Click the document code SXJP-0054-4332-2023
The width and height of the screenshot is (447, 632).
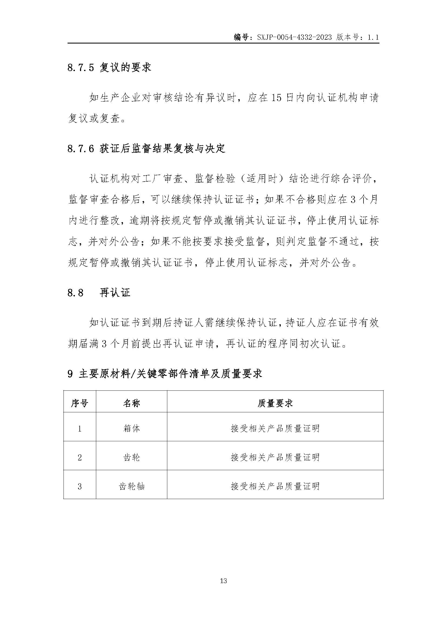[x=294, y=38]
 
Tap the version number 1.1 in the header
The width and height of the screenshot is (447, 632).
[x=373, y=38]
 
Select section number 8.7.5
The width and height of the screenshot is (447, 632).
[x=81, y=68]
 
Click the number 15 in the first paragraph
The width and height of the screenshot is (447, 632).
[x=276, y=98]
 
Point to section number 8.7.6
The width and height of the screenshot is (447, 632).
[x=81, y=149]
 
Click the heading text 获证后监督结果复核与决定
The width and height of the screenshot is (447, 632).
[x=162, y=149]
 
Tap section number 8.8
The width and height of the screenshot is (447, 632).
[x=75, y=293]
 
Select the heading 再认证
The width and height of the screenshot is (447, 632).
[x=115, y=293]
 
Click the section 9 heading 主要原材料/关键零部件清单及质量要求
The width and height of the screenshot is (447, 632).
[x=171, y=374]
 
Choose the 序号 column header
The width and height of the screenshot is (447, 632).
[x=79, y=403]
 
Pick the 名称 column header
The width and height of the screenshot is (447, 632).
[x=131, y=403]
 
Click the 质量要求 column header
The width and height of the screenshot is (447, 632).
[x=275, y=403]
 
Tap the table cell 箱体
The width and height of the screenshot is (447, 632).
[x=131, y=429]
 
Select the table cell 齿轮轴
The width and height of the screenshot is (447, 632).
[x=131, y=486]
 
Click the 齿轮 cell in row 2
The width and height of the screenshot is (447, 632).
[x=131, y=457]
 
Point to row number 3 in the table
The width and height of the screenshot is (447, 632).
[x=79, y=486]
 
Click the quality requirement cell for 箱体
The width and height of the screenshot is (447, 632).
[x=275, y=429]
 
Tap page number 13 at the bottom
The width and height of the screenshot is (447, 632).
[x=223, y=581]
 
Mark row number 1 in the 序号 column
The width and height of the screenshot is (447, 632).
[x=79, y=429]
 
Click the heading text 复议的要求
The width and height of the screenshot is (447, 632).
[x=125, y=68]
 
